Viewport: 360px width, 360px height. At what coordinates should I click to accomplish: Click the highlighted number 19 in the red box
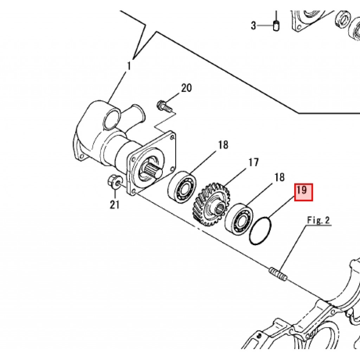[x=303, y=192]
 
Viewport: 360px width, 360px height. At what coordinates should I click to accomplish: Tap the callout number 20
[x=187, y=88]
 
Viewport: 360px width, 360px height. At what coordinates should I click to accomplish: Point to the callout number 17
[x=253, y=162]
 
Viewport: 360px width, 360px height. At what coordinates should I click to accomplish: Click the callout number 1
[x=129, y=66]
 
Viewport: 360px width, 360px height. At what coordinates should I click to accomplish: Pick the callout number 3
[x=254, y=26]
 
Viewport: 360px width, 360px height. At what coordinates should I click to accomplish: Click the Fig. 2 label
[x=318, y=220]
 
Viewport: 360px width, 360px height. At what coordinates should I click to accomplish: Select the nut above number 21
[x=113, y=182]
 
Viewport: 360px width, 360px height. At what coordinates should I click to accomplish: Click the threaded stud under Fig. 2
[x=278, y=274]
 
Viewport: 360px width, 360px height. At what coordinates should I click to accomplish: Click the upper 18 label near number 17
[x=223, y=144]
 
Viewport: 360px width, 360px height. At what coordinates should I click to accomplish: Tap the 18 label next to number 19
[x=279, y=177]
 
